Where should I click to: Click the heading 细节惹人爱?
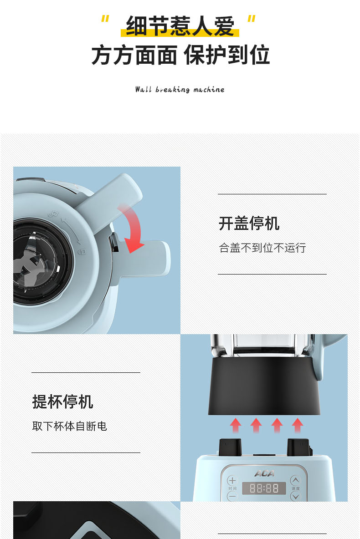click(x=180, y=26)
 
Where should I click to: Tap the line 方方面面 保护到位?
click(x=180, y=55)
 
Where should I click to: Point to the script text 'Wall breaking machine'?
click(x=180, y=89)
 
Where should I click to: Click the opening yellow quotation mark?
click(x=105, y=19)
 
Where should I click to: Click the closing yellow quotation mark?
click(x=252, y=19)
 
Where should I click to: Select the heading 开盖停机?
click(x=249, y=223)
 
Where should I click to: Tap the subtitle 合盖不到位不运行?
click(x=262, y=248)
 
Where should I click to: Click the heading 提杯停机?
click(x=62, y=402)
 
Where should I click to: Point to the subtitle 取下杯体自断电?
click(x=70, y=426)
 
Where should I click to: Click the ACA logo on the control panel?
click(x=264, y=473)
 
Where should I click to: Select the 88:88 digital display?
click(x=264, y=488)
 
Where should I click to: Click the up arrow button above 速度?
click(x=295, y=480)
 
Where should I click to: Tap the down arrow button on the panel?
click(x=295, y=496)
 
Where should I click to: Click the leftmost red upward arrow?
click(x=236, y=425)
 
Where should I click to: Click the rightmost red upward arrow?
click(x=298, y=425)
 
